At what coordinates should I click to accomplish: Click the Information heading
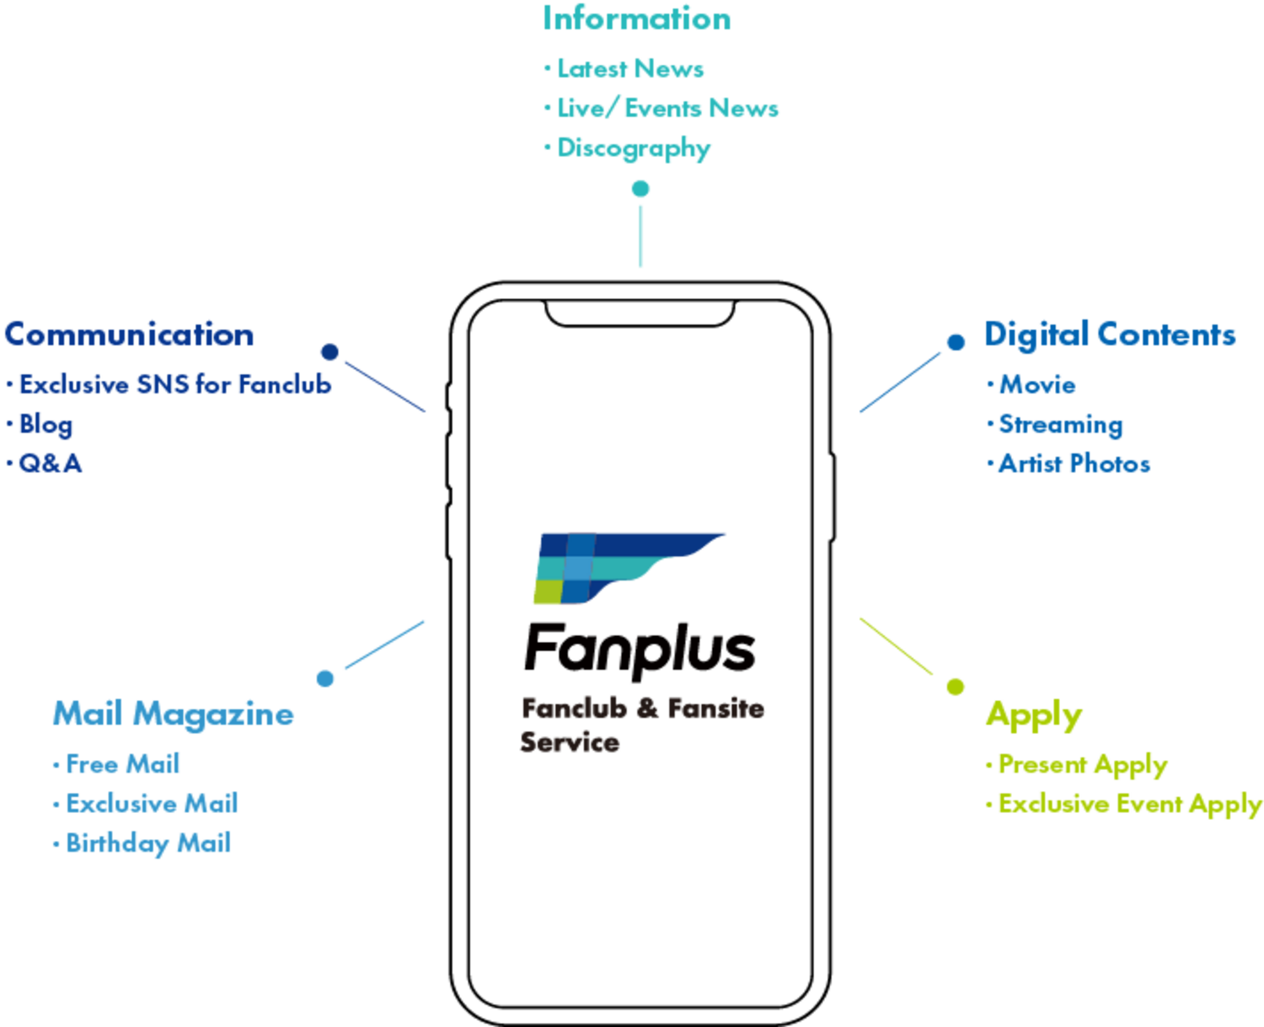(637, 19)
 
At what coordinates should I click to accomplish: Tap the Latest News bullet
(624, 69)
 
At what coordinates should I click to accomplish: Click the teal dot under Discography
(640, 189)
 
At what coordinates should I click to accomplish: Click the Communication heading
(130, 334)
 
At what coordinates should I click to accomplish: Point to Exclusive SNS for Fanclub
(169, 384)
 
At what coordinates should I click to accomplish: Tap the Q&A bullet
(45, 463)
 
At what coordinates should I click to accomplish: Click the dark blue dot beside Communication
(330, 352)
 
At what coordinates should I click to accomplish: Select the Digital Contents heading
(1110, 335)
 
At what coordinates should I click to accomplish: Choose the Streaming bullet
(1055, 425)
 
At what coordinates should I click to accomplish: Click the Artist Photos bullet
(1069, 463)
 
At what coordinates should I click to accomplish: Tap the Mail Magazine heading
(174, 714)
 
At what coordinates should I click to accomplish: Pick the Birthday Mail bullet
(142, 843)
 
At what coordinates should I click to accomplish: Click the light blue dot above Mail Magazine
(325, 678)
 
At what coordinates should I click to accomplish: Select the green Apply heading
(1034, 715)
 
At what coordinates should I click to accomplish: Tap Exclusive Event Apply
(1124, 805)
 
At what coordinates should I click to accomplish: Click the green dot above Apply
(956, 687)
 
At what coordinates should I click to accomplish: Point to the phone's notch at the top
(640, 314)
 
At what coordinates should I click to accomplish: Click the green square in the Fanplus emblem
(549, 591)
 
